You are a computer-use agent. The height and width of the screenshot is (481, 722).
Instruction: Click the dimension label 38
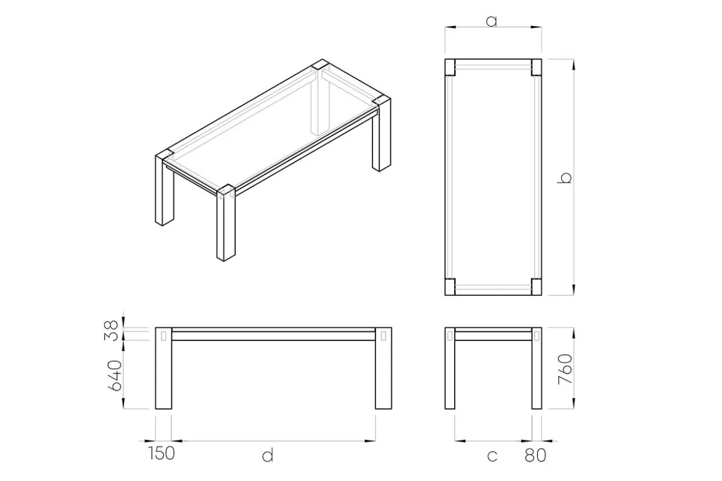pos(111,331)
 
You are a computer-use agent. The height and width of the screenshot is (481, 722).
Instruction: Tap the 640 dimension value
pos(115,376)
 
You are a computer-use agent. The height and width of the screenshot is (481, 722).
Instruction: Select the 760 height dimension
pos(565,369)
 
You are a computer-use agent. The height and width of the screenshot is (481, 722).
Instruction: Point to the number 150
pos(161,453)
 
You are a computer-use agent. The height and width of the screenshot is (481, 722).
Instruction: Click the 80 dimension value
pos(535,455)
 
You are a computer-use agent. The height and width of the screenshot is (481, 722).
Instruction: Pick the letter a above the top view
pos(492,21)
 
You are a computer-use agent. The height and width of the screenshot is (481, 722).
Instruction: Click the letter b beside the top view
pos(564,178)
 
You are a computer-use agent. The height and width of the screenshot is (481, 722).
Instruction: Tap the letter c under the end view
pos(492,456)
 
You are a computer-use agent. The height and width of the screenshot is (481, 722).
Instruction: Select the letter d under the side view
pos(268,455)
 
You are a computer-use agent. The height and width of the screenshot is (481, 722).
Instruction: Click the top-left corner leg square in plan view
pos(450,67)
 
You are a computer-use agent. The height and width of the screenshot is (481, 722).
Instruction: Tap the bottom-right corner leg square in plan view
pos(536,287)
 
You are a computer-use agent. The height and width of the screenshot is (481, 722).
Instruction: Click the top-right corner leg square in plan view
pos(536,67)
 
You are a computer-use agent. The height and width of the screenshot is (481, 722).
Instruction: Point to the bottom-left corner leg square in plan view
pos(450,287)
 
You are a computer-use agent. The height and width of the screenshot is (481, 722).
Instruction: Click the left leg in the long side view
pos(164,368)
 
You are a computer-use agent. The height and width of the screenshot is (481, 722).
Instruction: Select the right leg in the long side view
pos(384,368)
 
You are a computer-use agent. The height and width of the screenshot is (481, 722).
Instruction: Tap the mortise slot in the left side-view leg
pos(164,336)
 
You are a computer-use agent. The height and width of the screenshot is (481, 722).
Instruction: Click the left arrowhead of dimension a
pos(450,28)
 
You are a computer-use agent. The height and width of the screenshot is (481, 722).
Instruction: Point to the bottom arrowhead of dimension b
pos(573,290)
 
